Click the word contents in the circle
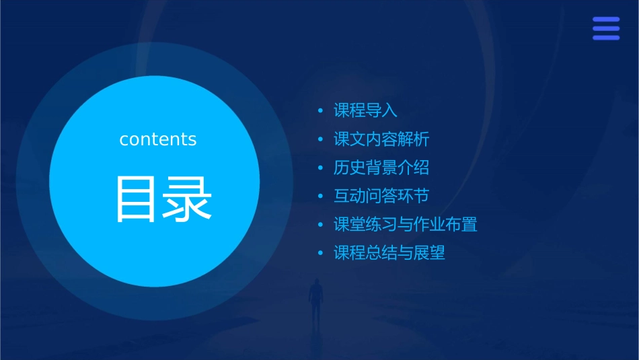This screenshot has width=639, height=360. point(158,139)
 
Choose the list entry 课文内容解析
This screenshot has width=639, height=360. point(381,139)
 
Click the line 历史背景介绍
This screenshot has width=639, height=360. point(381,168)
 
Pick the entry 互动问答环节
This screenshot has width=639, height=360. point(381,196)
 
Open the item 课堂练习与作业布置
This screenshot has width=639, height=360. point(406,225)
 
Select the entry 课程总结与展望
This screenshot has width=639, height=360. point(389,253)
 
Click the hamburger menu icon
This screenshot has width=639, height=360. point(606,28)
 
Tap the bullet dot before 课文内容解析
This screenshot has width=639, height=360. point(321,139)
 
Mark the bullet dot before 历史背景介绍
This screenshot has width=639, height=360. point(321,168)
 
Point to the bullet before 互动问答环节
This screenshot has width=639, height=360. point(321,196)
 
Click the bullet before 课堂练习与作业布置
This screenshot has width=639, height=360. point(321,225)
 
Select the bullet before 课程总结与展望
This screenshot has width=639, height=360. point(321,253)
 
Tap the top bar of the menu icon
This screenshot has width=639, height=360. point(606,20)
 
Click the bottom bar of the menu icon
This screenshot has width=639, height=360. point(606,38)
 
